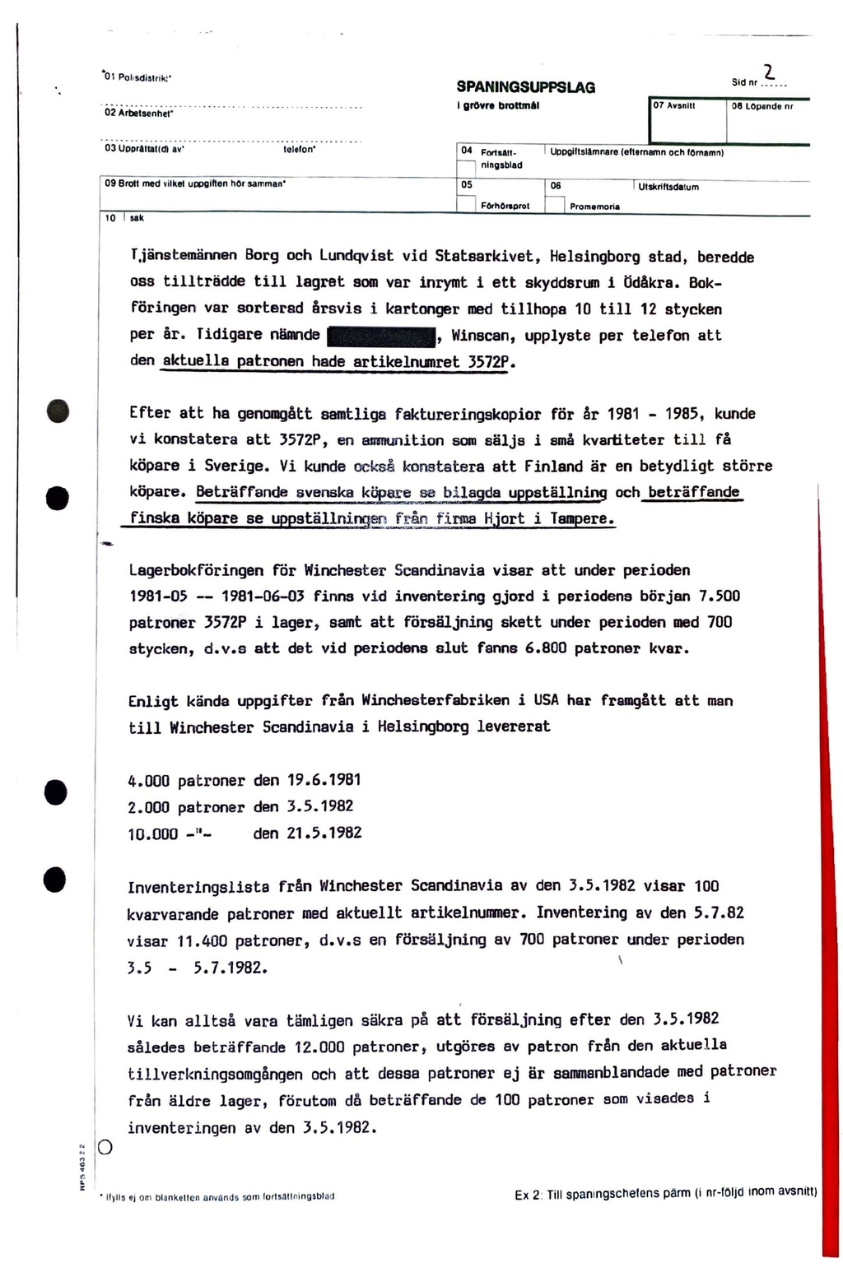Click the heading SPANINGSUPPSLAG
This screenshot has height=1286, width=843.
click(525, 87)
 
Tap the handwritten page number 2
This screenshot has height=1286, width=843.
click(769, 73)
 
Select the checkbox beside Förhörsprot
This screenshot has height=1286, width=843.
click(466, 204)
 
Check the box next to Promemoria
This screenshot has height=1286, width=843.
click(555, 204)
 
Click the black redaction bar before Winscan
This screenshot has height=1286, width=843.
click(381, 337)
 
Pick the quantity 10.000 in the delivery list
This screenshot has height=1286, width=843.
click(153, 833)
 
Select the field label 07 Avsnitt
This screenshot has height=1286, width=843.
click(675, 106)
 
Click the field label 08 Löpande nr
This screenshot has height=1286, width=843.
click(762, 106)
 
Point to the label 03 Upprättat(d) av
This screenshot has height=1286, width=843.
click(145, 151)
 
